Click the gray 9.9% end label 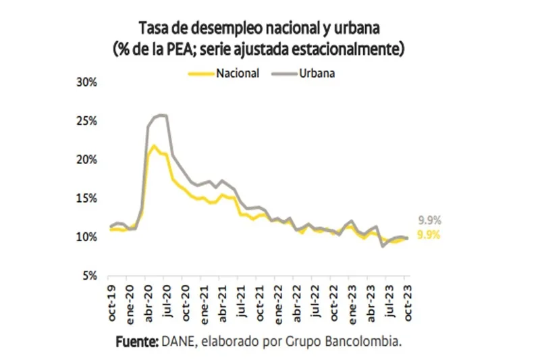(x=429, y=221)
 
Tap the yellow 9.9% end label (x=429, y=235)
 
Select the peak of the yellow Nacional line (x=154, y=145)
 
